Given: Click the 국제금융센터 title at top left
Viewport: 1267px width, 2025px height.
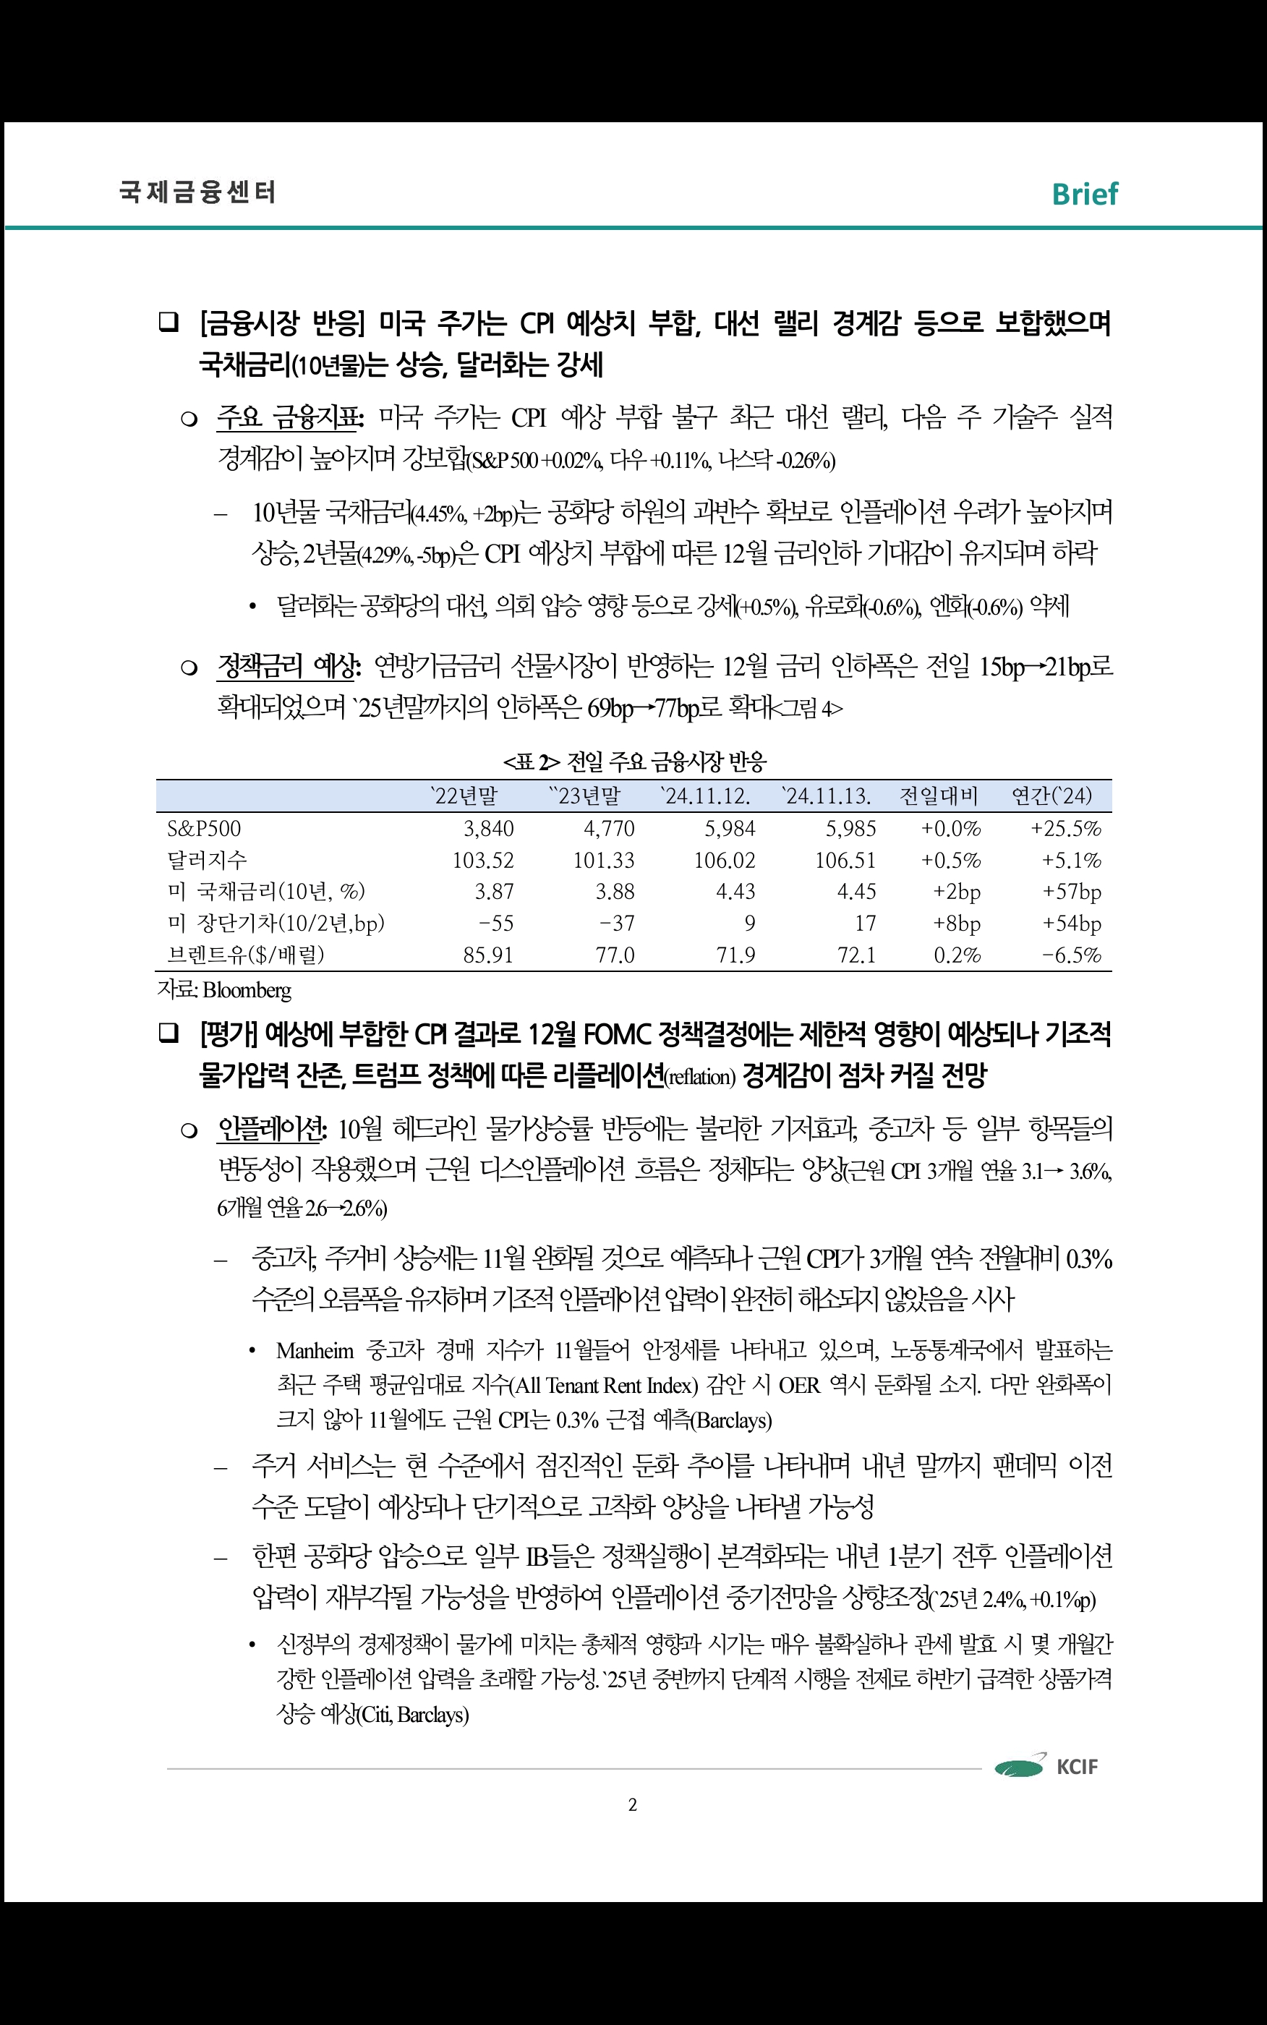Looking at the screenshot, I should [x=197, y=192].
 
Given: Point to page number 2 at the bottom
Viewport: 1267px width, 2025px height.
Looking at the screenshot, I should [x=633, y=1804].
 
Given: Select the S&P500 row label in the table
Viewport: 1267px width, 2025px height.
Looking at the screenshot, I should [x=205, y=829].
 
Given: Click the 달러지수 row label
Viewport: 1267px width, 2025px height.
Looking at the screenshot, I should [x=207, y=861].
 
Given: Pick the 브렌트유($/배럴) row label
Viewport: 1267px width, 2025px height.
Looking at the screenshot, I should [x=246, y=955].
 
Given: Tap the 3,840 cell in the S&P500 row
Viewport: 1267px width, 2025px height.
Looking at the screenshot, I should [x=489, y=829].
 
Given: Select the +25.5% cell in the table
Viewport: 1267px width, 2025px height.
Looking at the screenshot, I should [x=1066, y=829].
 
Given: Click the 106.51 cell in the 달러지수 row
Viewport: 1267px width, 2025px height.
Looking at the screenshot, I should [x=845, y=861].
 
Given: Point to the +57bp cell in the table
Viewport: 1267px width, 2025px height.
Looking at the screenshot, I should [x=1072, y=892].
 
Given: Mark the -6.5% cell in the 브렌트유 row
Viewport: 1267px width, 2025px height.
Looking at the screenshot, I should [x=1072, y=955].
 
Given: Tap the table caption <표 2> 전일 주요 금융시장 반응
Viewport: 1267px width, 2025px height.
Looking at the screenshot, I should [x=634, y=762].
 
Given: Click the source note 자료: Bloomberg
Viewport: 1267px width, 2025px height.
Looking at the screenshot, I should [x=225, y=990].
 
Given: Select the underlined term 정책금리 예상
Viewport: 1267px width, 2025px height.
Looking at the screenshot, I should [x=289, y=667].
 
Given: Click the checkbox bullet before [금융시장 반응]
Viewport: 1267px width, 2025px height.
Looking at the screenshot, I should [x=168, y=323].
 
